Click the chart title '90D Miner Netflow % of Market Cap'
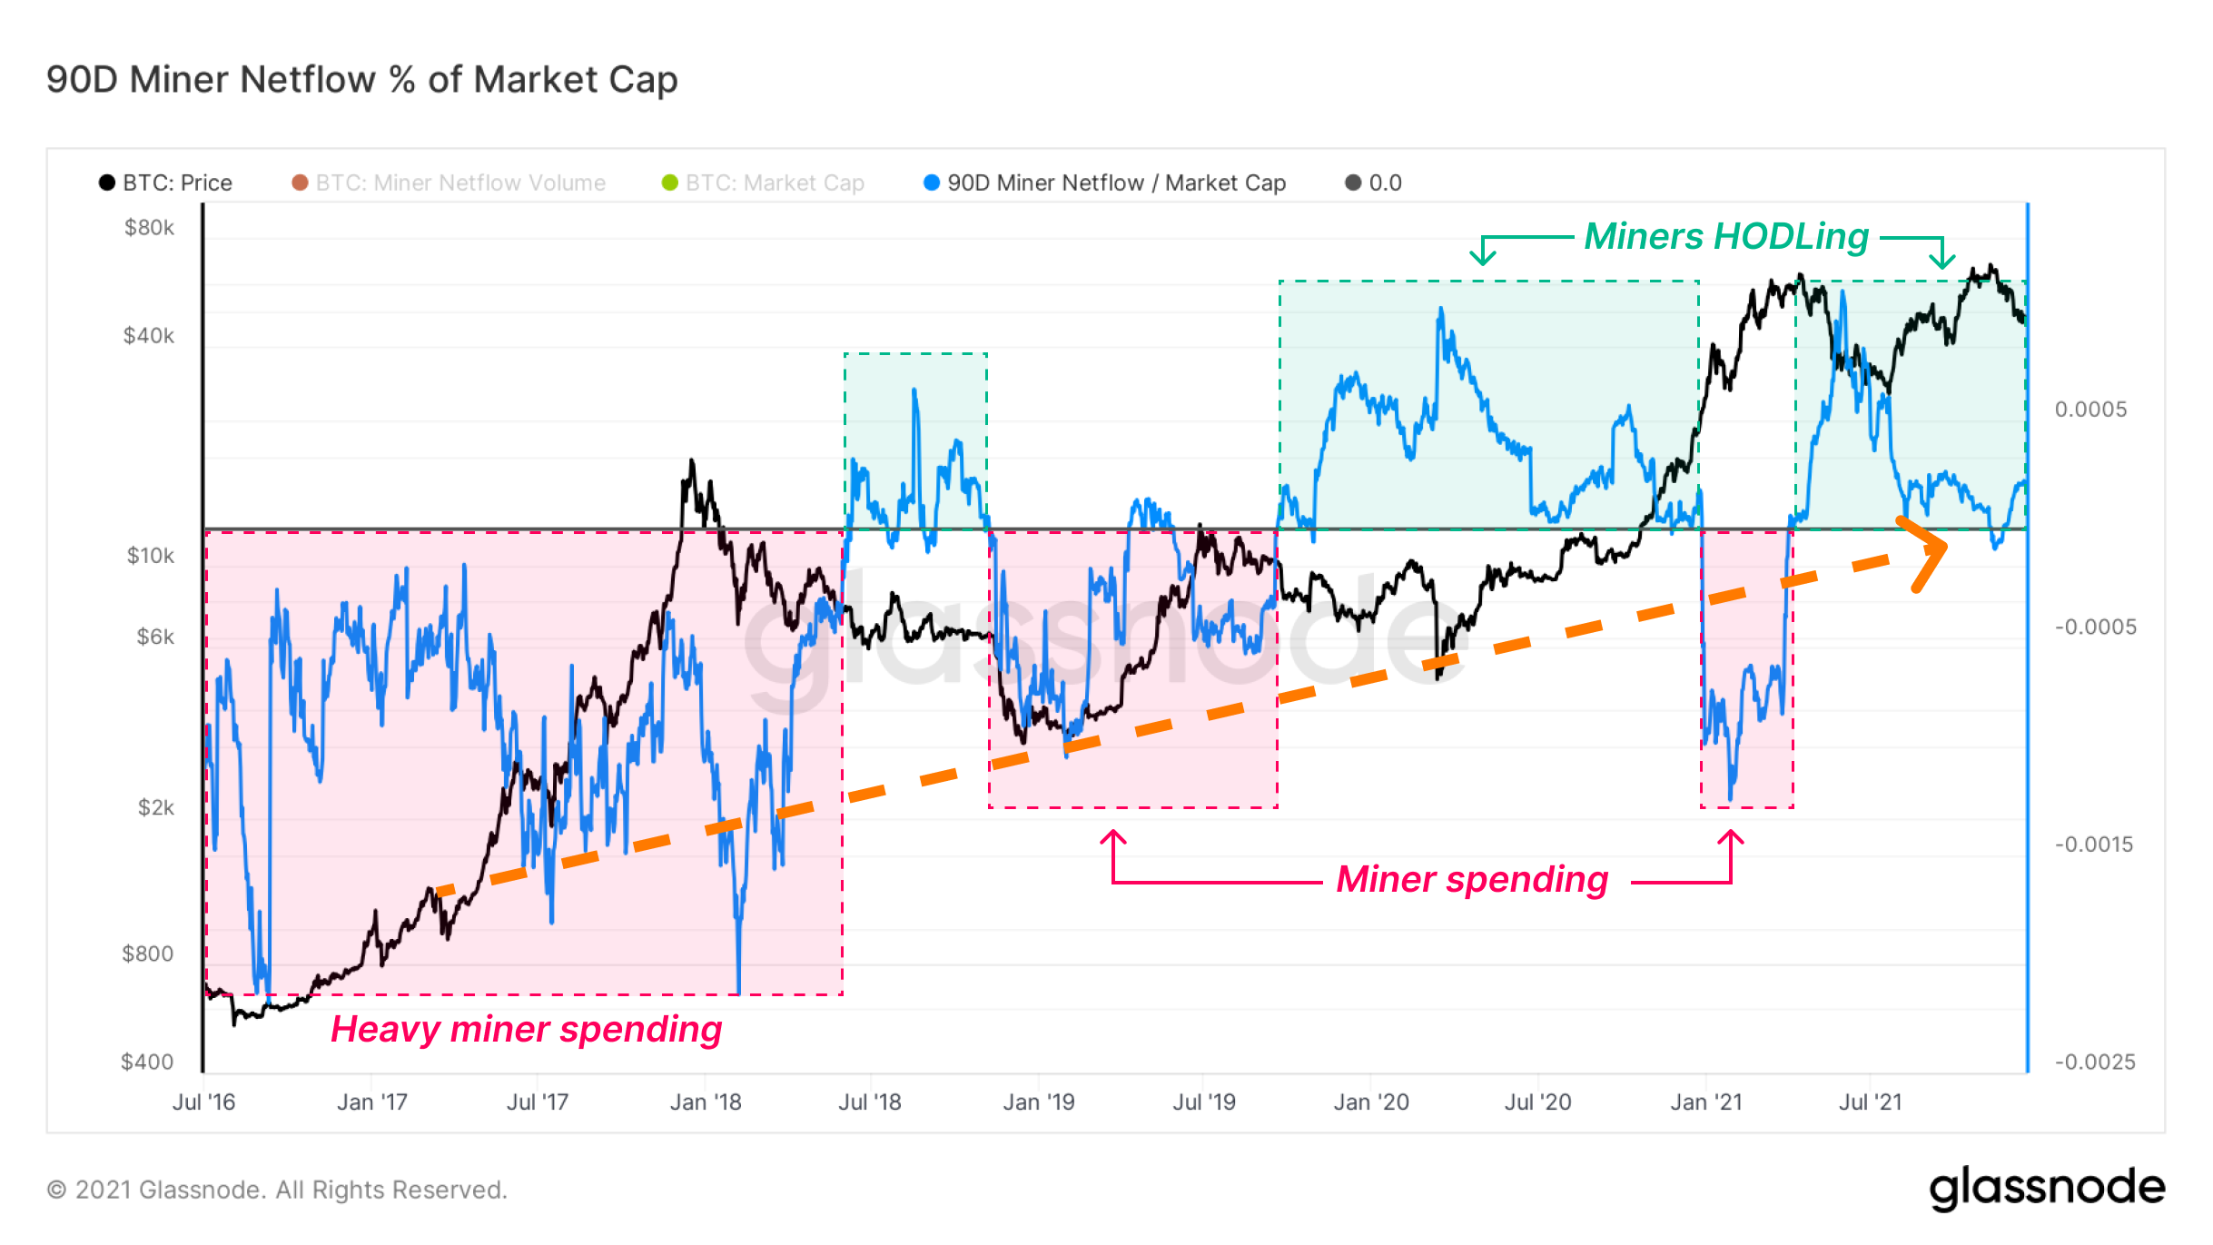click(361, 80)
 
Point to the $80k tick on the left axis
click(149, 228)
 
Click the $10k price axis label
click(150, 556)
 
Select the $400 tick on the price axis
click(147, 1062)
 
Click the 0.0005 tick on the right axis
click(2090, 410)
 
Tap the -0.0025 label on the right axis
click(2095, 1062)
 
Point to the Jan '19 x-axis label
click(1038, 1102)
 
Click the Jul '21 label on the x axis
click(1870, 1102)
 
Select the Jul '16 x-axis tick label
click(203, 1102)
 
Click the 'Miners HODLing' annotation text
click(1726, 236)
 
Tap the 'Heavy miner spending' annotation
click(526, 1029)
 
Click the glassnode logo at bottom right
click(2047, 1188)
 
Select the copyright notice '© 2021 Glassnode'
click(277, 1190)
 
